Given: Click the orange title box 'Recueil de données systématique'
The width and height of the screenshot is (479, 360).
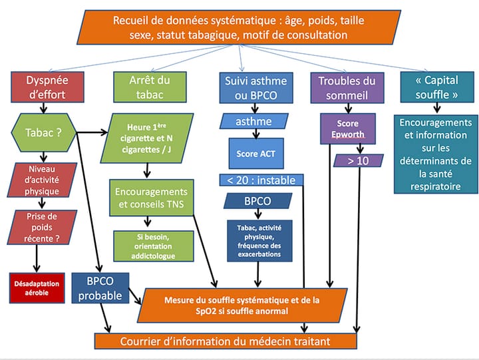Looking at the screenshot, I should [x=240, y=27].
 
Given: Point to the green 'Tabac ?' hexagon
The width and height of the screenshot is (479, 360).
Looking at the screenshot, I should [x=43, y=132].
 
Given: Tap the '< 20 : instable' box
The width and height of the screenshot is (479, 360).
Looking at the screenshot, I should [x=261, y=180].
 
